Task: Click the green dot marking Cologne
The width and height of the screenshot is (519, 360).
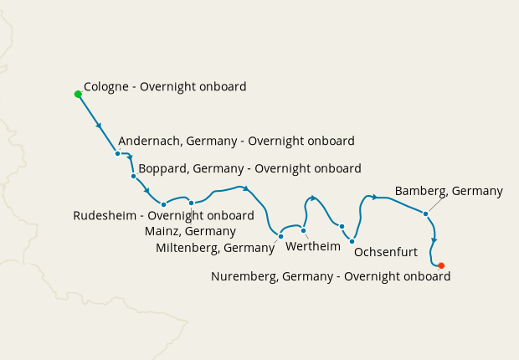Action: (78, 94)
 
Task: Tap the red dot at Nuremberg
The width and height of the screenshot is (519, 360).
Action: (441, 265)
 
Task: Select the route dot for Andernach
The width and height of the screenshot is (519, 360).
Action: (117, 153)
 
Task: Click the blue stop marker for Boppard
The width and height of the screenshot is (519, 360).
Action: (133, 176)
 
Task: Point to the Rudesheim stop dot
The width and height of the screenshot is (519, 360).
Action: (164, 204)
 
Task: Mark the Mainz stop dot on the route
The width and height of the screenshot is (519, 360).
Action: (192, 203)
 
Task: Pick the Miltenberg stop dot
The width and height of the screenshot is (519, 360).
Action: (280, 236)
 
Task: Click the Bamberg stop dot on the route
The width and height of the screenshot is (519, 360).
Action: (426, 213)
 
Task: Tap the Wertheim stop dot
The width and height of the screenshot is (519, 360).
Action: (304, 230)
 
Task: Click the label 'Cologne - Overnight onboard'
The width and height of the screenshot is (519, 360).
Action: (165, 87)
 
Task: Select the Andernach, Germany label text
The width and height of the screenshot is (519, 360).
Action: (237, 141)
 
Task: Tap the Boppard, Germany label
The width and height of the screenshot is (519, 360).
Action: (249, 168)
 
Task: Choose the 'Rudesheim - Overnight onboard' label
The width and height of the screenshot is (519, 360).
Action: (163, 215)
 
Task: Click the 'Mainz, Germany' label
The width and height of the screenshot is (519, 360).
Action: (190, 231)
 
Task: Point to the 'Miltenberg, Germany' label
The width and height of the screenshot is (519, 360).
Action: (215, 247)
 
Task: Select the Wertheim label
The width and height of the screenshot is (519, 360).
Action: (314, 247)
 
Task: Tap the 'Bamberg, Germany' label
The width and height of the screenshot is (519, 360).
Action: (449, 191)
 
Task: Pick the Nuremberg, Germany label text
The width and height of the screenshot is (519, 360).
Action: (331, 276)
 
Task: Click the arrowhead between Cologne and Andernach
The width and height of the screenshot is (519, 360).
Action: (100, 126)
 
